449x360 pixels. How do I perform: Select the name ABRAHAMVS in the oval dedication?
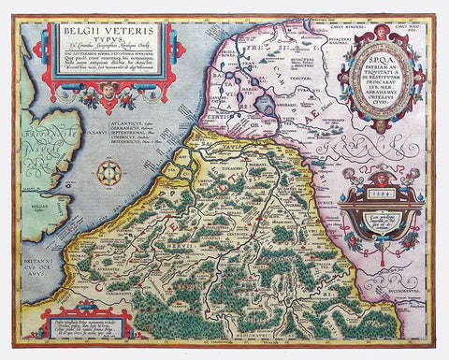(379, 104)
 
